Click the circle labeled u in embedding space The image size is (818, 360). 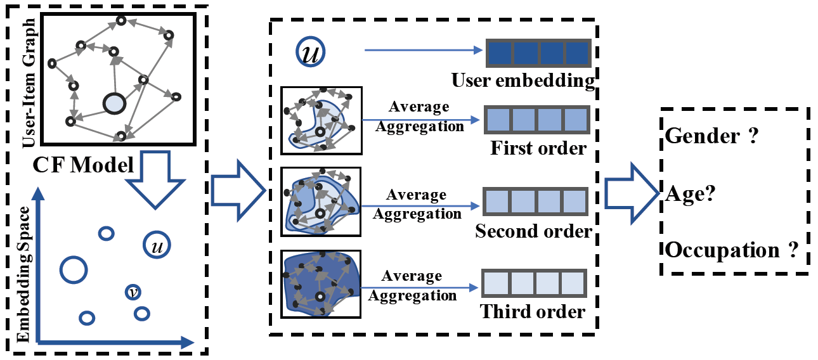156,245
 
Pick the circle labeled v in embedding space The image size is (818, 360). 133,292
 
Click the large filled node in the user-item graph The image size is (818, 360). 115,103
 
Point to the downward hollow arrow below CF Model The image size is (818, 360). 154,183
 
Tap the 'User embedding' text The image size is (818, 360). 523,81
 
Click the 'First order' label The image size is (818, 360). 538,148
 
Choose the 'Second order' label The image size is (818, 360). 533,231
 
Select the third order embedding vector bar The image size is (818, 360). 534,284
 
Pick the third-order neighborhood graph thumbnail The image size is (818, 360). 321,284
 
